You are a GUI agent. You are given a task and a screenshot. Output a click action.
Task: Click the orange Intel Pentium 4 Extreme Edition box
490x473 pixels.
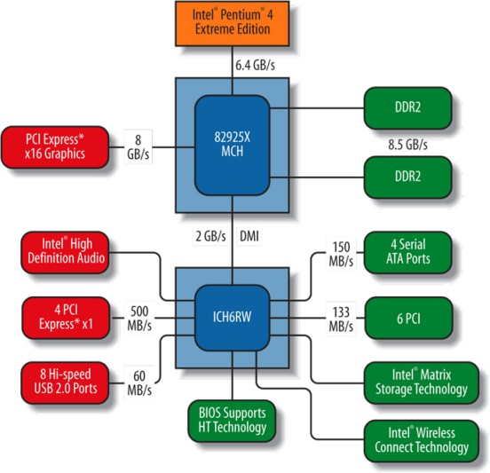[233, 23]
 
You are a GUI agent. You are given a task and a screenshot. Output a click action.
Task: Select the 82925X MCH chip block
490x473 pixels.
[233, 146]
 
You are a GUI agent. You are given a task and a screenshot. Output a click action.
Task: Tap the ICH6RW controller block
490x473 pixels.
[233, 318]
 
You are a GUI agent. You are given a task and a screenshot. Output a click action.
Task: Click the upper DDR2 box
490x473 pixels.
[407, 107]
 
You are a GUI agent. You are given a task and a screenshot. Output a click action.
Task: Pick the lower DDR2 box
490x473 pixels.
[407, 177]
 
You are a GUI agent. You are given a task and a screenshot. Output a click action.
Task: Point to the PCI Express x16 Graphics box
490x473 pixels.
[55, 146]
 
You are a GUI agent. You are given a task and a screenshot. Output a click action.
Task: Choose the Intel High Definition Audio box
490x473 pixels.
[65, 252]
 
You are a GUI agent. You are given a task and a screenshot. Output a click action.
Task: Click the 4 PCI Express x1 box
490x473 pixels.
[66, 318]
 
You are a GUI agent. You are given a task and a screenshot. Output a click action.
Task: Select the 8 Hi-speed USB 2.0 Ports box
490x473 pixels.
[65, 382]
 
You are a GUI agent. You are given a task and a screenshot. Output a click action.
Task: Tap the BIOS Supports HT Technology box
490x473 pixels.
[232, 421]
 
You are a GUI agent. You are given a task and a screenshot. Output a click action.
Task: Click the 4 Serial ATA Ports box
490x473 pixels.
[407, 252]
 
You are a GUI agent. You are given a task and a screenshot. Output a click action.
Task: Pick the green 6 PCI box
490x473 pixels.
[408, 318]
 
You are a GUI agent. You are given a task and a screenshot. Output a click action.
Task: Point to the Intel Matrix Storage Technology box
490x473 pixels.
[422, 382]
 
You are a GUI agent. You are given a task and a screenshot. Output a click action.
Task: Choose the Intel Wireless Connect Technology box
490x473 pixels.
[422, 441]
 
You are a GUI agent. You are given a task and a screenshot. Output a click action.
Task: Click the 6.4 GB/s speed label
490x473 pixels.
[256, 66]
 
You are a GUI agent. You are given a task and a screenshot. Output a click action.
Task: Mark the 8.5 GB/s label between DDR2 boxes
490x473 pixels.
[407, 145]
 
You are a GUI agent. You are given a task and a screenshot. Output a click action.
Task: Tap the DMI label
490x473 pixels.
[249, 236]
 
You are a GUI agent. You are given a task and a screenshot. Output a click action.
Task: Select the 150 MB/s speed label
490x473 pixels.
[341, 254]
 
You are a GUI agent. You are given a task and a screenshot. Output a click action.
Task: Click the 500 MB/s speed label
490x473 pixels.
[139, 318]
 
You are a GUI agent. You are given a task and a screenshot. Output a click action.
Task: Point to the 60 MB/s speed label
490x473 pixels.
[139, 382]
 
